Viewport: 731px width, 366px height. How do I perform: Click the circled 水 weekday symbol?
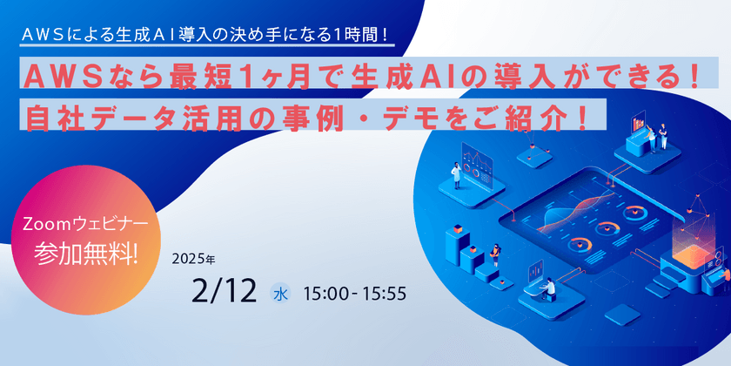click(x=281, y=293)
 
